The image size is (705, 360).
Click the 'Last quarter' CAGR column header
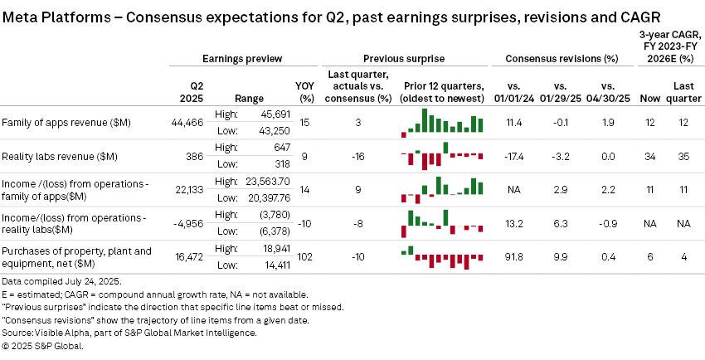point(683,90)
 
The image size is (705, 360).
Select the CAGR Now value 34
point(650,156)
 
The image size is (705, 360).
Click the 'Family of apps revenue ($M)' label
point(68,123)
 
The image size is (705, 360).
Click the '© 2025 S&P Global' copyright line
point(42,346)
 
